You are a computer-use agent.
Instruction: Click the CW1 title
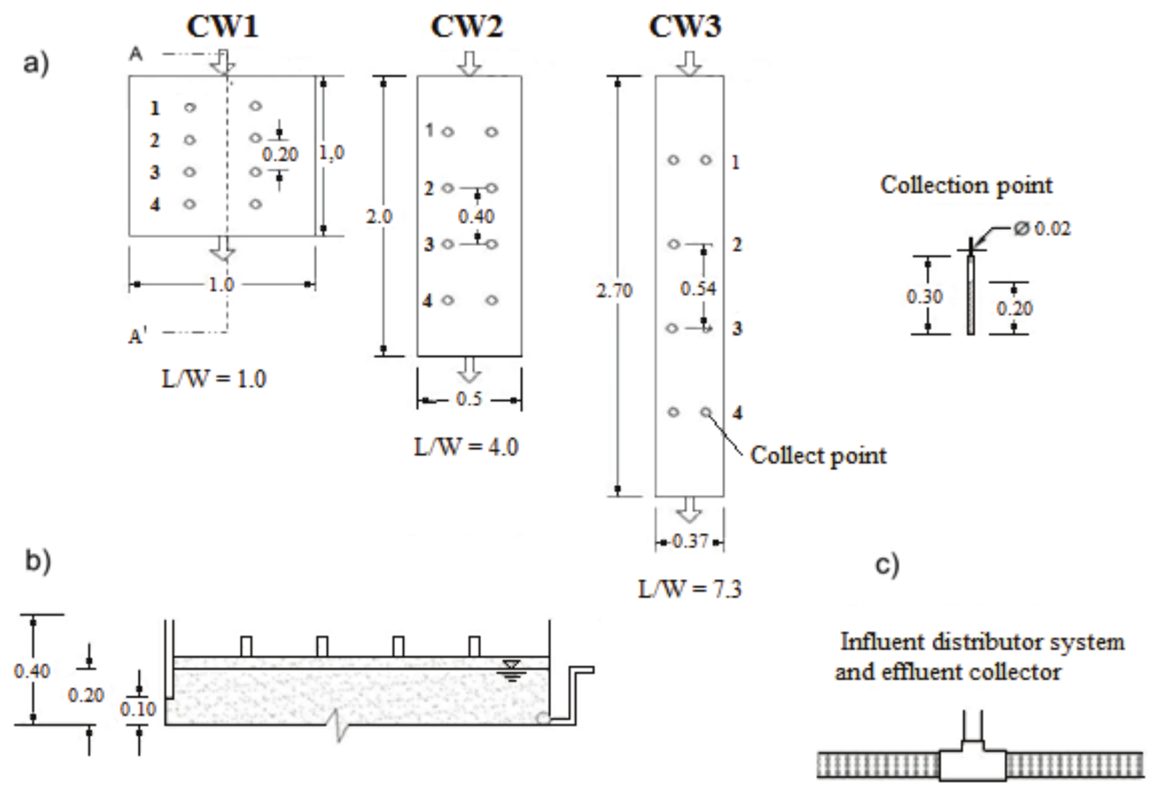point(222,26)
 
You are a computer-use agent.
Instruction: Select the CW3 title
point(685,26)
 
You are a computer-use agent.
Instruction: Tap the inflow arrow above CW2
point(470,63)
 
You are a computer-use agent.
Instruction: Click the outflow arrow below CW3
point(689,510)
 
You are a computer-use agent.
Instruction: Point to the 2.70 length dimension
point(614,290)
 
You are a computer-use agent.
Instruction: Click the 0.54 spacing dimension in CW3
point(698,288)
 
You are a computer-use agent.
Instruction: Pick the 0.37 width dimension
point(690,542)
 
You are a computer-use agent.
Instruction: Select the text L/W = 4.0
point(466,447)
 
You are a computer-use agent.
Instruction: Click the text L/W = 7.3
point(690,589)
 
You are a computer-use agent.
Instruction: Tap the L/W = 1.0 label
point(213,379)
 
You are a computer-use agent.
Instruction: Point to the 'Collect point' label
point(818,456)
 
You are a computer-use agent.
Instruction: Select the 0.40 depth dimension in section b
point(31,671)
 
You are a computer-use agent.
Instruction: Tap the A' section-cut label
point(138,336)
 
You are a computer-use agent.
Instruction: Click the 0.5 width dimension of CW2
point(469,399)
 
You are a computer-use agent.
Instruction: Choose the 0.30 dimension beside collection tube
point(924,296)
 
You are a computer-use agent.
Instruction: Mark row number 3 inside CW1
point(155,172)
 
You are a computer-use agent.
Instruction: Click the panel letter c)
point(887,564)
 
